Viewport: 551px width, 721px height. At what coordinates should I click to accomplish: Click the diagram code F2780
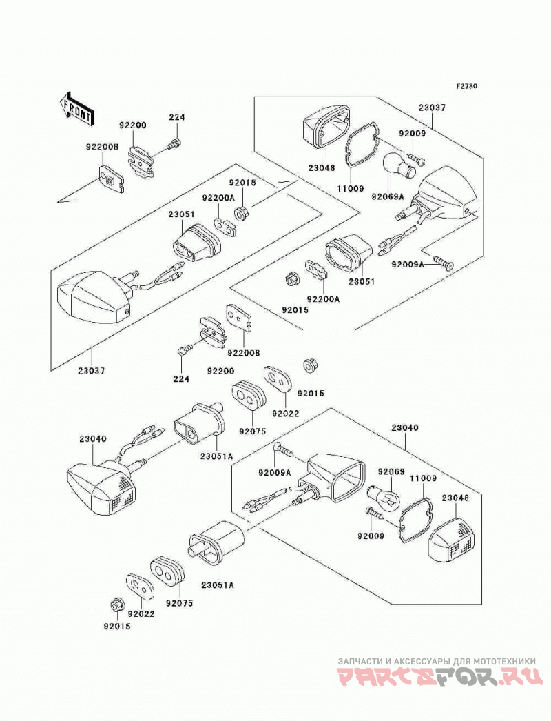pyautogui.click(x=466, y=86)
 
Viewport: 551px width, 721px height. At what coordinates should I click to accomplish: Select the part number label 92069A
pyautogui.click(x=388, y=197)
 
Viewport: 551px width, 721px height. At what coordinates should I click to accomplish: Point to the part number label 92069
pyautogui.click(x=391, y=471)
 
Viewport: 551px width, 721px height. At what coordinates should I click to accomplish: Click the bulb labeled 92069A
pyautogui.click(x=399, y=166)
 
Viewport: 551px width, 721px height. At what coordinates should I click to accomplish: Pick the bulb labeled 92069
pyautogui.click(x=384, y=497)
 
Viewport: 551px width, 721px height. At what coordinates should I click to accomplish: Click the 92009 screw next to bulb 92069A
pyautogui.click(x=417, y=158)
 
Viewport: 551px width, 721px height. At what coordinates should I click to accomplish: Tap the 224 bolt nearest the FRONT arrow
pyautogui.click(x=175, y=143)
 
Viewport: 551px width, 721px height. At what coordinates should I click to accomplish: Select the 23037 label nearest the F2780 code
pyautogui.click(x=432, y=108)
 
